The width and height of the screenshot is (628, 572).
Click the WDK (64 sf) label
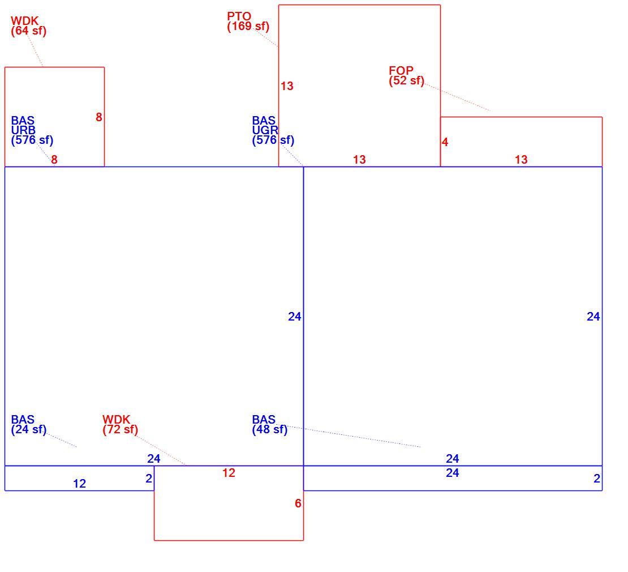coord(28,26)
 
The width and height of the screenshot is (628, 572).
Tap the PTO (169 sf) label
coord(248,22)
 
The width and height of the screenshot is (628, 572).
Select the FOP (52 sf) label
coord(406,75)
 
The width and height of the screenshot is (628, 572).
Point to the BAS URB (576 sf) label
coord(32,130)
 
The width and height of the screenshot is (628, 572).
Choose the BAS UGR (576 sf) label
coord(273,130)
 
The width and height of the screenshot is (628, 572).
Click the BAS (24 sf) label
coord(28,425)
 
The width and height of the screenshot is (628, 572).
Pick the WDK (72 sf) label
coord(120,425)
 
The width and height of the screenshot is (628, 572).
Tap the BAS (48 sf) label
coord(269,425)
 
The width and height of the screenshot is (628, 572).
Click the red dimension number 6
coord(298,503)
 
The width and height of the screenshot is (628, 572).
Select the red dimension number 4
coord(445,142)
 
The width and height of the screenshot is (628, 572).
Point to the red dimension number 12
coord(229,473)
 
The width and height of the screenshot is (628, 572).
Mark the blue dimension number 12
coord(80,484)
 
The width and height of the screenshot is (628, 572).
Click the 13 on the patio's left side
coord(287,86)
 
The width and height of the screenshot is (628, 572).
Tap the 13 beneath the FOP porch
coord(521,160)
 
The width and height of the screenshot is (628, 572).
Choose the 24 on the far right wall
coord(593,317)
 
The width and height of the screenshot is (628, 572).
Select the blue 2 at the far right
coord(597,479)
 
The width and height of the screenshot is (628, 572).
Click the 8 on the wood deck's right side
coord(99,117)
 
